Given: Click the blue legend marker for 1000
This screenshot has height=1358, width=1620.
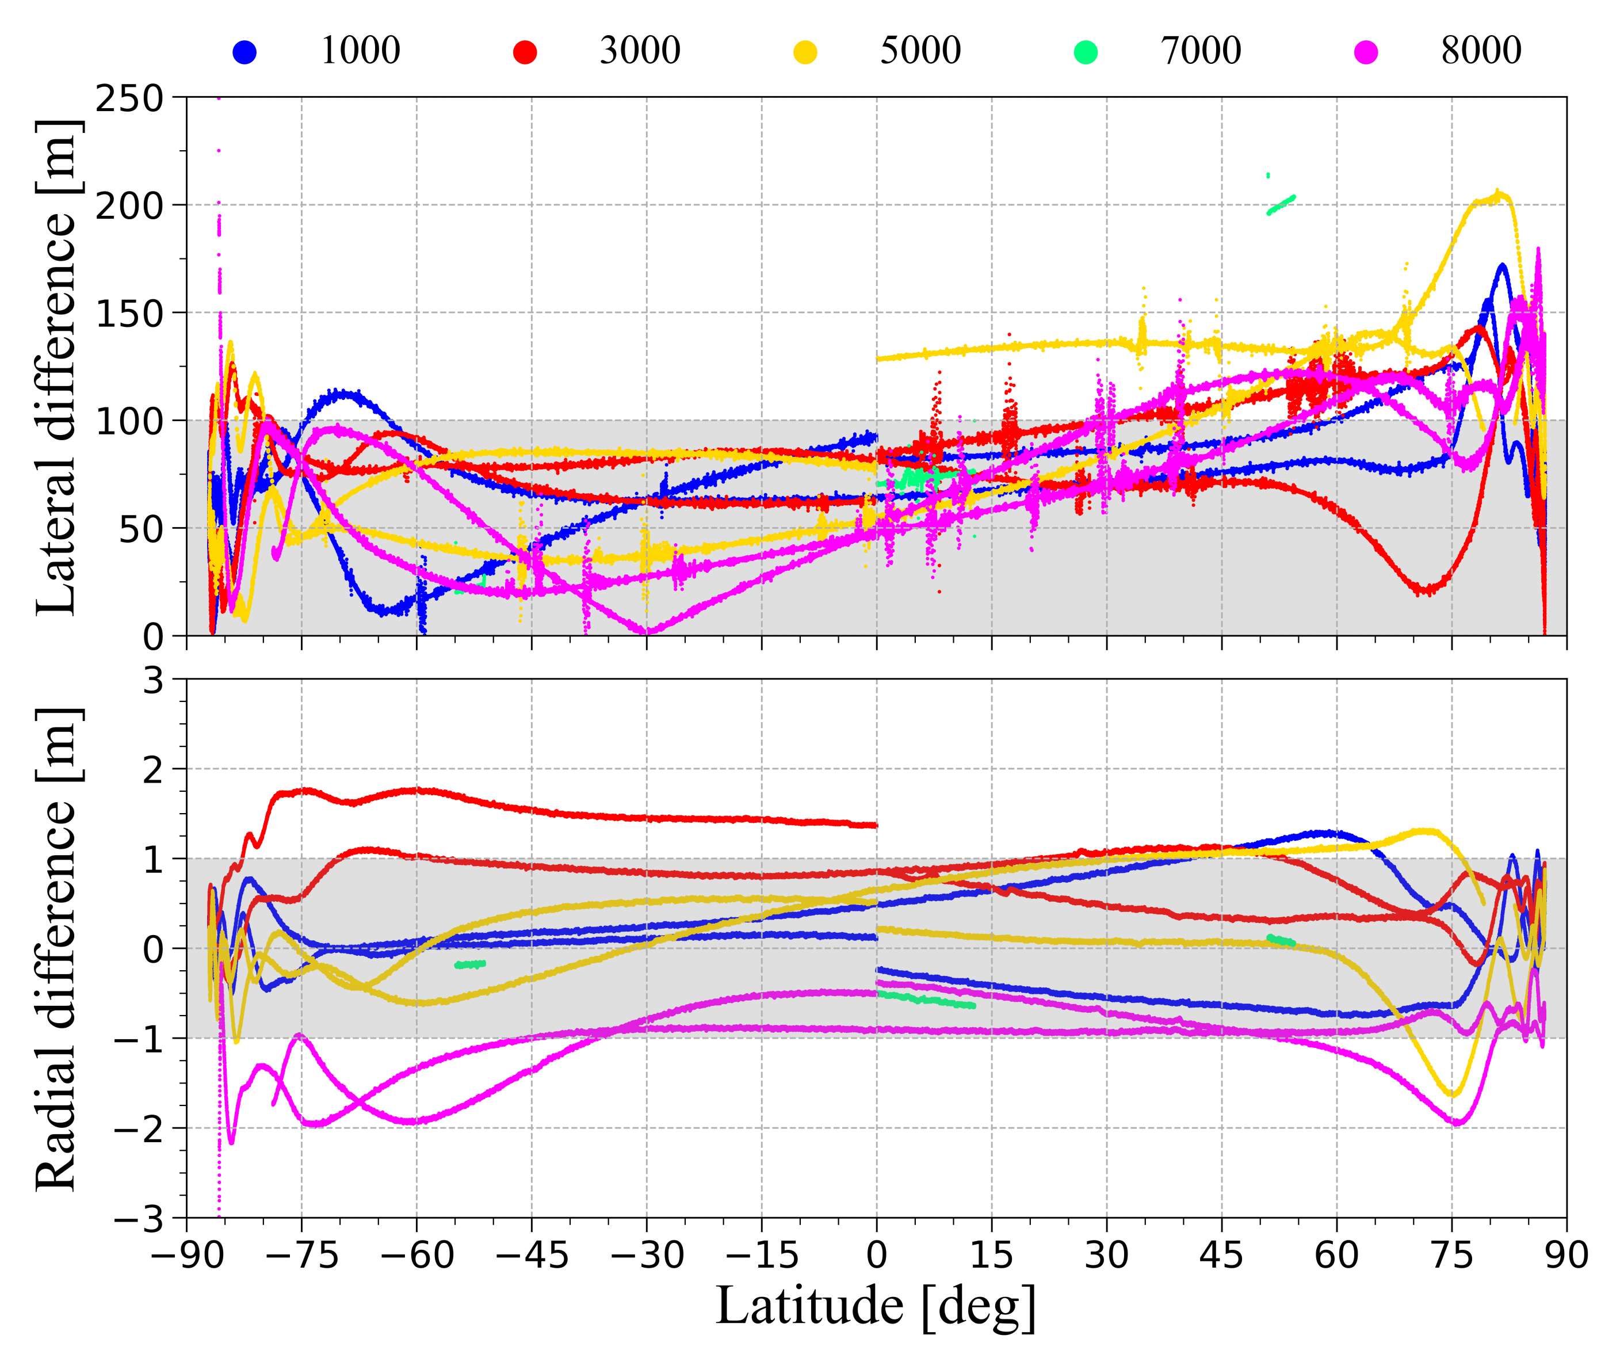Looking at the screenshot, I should (x=244, y=52).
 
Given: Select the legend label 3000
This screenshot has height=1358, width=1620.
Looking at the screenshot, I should (x=640, y=51).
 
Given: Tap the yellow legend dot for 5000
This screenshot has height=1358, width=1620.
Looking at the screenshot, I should (x=805, y=52).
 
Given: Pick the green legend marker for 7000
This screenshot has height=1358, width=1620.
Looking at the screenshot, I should (x=1086, y=52).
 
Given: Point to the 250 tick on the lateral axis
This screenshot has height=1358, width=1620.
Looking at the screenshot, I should (x=129, y=99).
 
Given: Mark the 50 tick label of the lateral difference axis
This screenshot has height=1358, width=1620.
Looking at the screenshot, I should (x=141, y=529).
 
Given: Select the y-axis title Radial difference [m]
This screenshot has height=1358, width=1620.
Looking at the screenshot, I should (x=58, y=949).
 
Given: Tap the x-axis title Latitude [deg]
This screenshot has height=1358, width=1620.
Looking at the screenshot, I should (x=876, y=1306).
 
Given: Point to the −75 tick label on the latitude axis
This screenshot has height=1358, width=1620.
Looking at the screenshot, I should (x=301, y=1256).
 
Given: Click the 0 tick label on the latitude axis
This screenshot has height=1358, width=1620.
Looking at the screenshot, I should (x=876, y=1256).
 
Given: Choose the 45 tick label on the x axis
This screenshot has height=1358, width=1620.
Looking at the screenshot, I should (x=1221, y=1256).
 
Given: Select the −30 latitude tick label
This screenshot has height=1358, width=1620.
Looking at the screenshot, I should (x=647, y=1256).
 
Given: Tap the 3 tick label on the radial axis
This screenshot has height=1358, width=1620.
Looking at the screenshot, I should (x=154, y=681).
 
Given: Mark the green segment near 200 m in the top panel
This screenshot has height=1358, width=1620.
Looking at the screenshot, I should (x=1281, y=204).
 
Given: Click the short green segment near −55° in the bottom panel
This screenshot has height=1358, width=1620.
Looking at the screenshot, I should (x=470, y=964).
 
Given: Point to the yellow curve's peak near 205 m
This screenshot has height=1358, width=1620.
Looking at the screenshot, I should (x=1496, y=194).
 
